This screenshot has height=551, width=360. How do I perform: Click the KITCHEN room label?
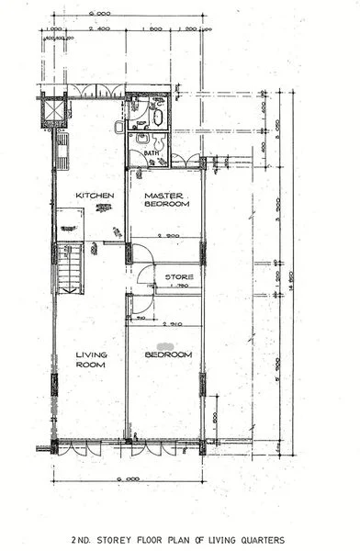point(94,196)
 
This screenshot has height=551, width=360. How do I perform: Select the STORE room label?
point(178,275)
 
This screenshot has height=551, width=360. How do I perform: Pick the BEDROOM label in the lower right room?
point(169,354)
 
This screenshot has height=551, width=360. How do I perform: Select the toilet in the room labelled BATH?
point(160,141)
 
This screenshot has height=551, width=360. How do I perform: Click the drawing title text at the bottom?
point(180,539)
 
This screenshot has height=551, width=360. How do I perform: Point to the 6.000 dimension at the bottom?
point(127,479)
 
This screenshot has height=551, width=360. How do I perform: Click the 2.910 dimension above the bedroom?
point(171,324)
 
